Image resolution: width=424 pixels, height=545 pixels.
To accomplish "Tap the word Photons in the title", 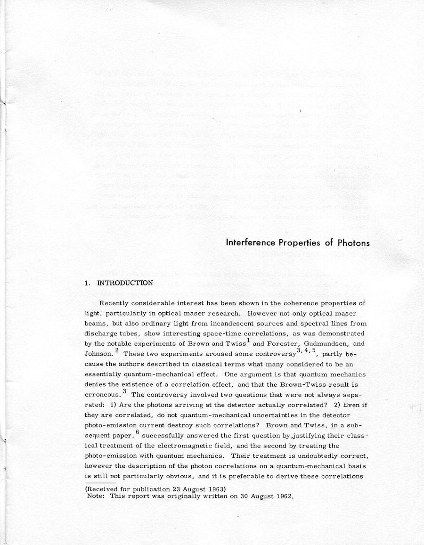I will (x=353, y=243).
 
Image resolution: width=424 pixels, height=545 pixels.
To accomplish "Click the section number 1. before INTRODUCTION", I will (x=87, y=283).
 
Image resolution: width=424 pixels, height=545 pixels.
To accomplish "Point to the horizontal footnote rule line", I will (x=100, y=483).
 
